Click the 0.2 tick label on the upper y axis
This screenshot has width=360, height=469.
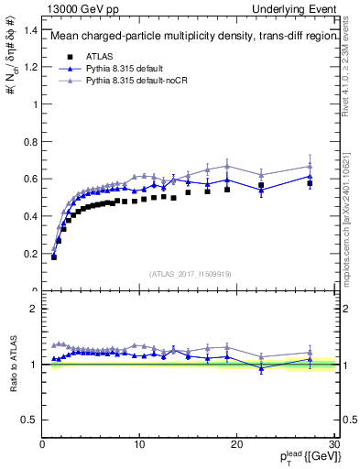(x=30, y=254)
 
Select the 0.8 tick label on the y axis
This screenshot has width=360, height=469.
(x=30, y=142)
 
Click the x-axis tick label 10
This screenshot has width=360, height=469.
(x=139, y=444)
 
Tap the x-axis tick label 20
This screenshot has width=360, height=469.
(x=236, y=444)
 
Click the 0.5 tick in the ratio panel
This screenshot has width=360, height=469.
(x=30, y=420)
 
